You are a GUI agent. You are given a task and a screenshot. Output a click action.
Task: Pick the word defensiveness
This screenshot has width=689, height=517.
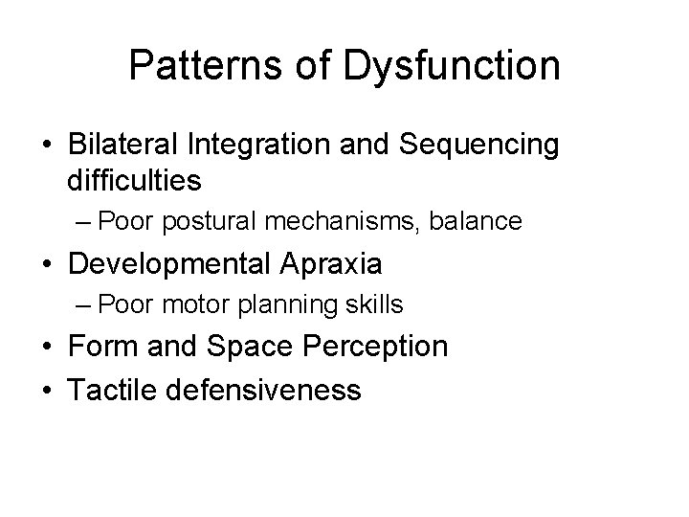(261, 390)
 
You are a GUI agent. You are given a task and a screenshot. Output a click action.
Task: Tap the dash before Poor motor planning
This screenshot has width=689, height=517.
(83, 306)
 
